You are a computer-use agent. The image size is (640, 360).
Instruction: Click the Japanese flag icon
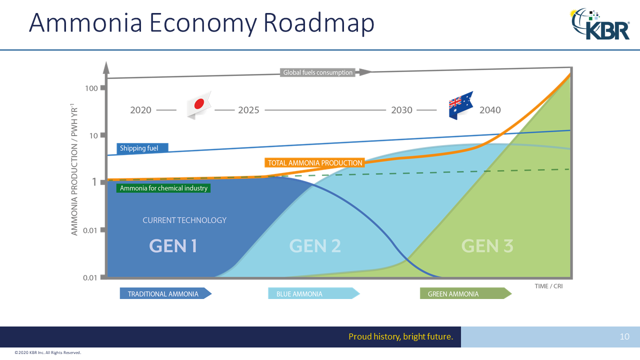[x=199, y=104]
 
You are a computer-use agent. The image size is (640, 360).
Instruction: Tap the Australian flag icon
[x=460, y=105]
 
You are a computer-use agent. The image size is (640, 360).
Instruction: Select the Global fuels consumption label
[x=318, y=72]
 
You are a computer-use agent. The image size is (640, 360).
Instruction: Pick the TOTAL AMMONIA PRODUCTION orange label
[x=314, y=162]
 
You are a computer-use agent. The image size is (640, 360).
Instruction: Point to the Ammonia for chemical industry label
[x=163, y=188]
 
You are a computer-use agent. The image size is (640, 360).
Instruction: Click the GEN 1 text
[x=173, y=245]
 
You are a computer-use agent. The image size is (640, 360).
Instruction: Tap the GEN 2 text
[x=315, y=245]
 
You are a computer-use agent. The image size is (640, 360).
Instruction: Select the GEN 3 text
[x=486, y=245]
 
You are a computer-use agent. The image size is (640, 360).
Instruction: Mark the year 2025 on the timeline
[x=248, y=110]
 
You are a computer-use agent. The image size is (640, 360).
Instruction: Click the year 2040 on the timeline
[x=489, y=110]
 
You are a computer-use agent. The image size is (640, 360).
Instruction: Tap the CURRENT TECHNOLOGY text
[x=184, y=220]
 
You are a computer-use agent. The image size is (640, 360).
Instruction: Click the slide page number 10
[x=624, y=337]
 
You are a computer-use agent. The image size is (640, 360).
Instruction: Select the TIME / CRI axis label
[x=548, y=286]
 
